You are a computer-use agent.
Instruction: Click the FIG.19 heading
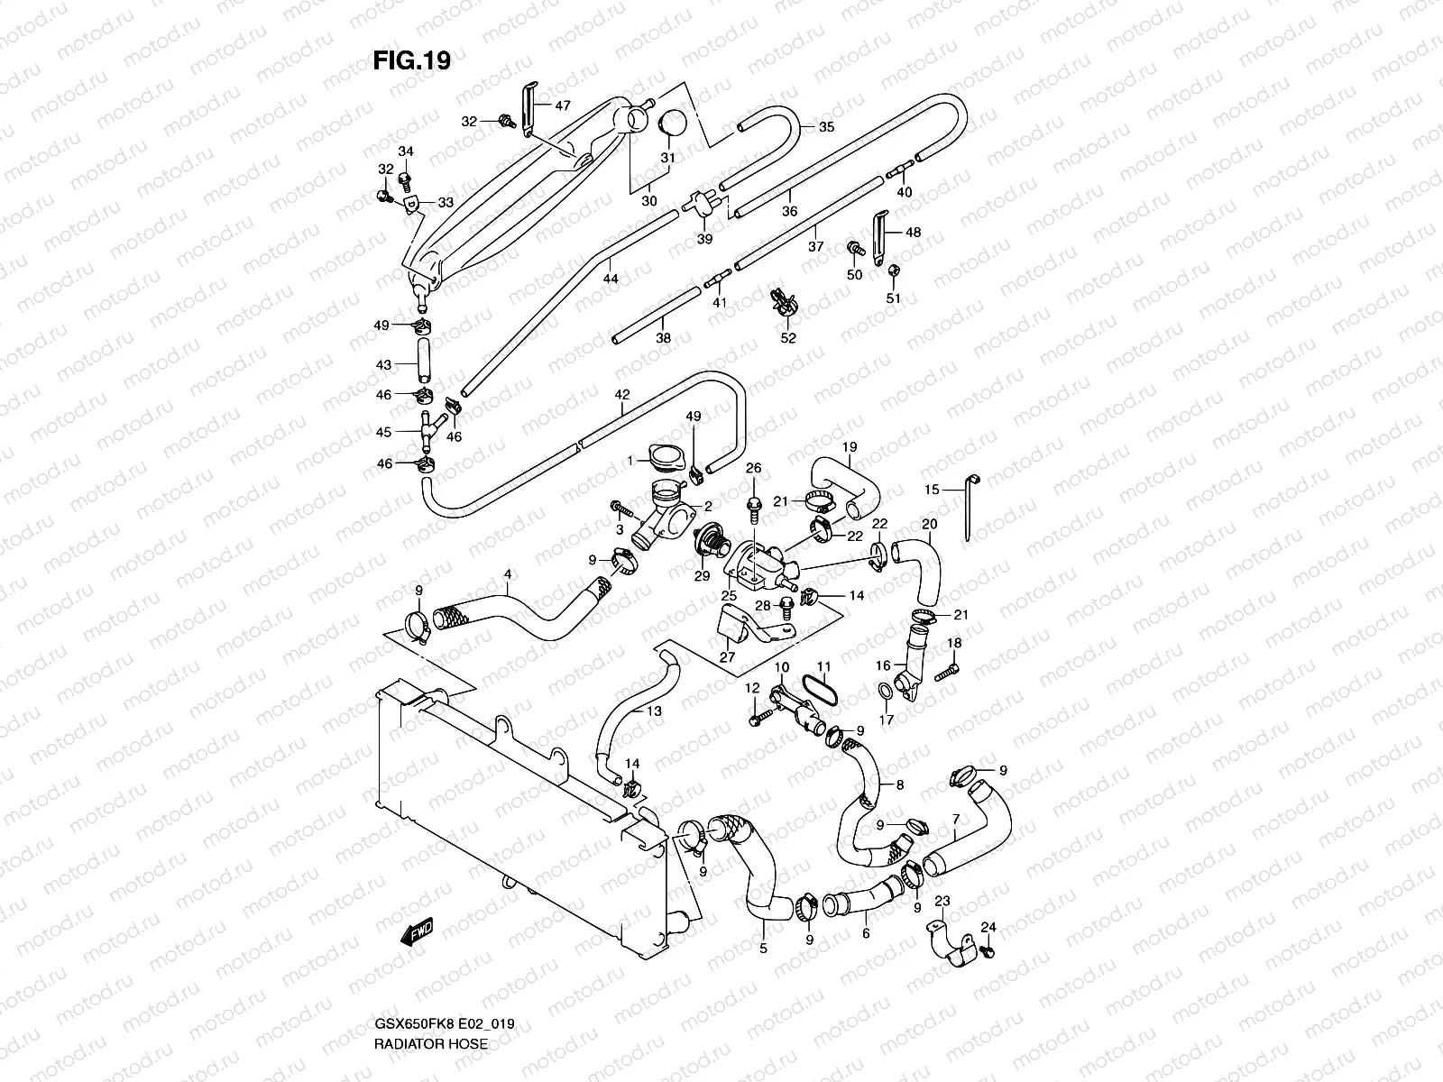point(411,60)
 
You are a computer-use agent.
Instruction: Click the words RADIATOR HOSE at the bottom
point(430,1043)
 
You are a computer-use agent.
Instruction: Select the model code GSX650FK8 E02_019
point(449,1024)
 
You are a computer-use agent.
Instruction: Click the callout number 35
point(826,127)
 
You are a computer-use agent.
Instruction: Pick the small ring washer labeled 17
point(887,692)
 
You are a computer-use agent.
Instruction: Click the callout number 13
point(655,711)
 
